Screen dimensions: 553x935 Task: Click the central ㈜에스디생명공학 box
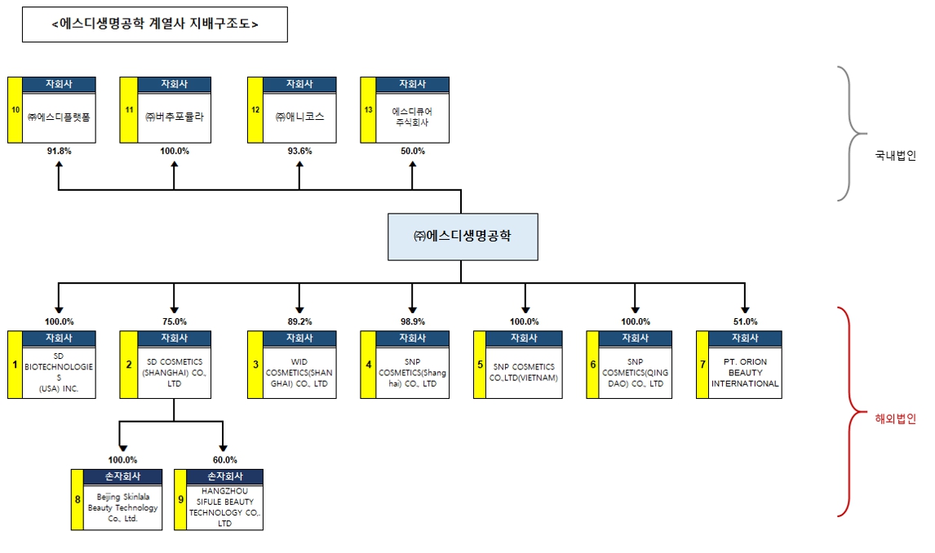click(x=462, y=237)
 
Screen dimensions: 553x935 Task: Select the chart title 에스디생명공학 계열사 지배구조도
click(x=154, y=24)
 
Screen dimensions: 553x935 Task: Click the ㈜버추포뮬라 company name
click(x=174, y=117)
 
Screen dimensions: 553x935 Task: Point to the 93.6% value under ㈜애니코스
click(x=299, y=151)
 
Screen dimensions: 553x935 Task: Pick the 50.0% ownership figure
click(x=412, y=151)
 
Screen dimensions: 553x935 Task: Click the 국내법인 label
click(x=895, y=155)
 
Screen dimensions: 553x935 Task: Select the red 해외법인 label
click(x=895, y=419)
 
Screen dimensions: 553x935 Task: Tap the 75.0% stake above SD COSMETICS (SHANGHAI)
click(x=174, y=321)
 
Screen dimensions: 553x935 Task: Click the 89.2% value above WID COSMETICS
click(x=299, y=321)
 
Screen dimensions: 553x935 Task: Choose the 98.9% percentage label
click(x=412, y=321)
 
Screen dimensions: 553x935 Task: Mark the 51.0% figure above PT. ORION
click(x=745, y=321)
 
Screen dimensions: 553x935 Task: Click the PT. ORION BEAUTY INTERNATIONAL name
click(x=746, y=372)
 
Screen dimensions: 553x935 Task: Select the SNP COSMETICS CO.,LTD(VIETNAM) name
click(x=524, y=373)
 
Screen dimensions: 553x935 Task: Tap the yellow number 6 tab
click(x=593, y=365)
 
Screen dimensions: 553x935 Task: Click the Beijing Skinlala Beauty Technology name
click(x=123, y=507)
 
